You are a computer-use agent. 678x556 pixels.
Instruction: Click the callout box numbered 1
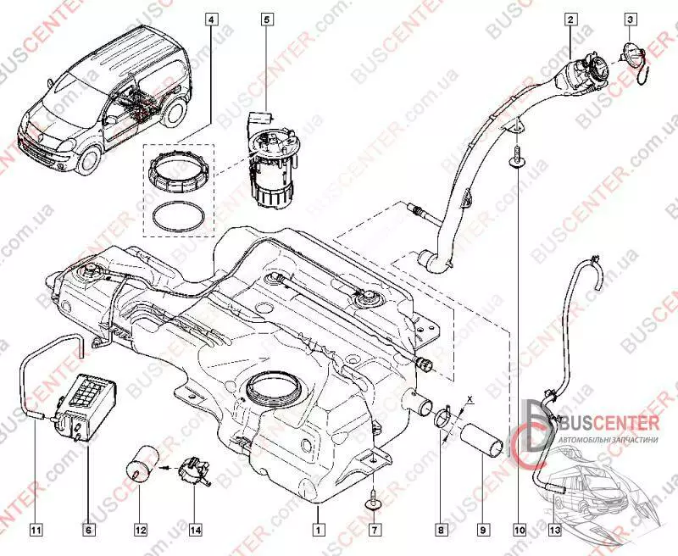[x=316, y=530]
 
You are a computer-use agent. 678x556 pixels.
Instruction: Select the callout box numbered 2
[x=571, y=18]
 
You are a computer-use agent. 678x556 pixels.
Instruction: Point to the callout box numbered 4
[x=209, y=18]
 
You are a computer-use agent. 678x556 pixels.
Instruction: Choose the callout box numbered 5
[x=266, y=18]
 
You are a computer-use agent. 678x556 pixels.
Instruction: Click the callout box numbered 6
[x=87, y=530]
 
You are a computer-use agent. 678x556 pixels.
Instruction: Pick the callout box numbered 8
[x=440, y=530]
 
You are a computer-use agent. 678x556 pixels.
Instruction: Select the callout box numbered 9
[x=482, y=530]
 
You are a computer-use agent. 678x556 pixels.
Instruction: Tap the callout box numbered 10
[x=519, y=530]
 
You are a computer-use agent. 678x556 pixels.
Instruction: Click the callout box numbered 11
[x=36, y=530]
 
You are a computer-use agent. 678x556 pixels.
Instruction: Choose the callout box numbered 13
[x=555, y=530]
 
